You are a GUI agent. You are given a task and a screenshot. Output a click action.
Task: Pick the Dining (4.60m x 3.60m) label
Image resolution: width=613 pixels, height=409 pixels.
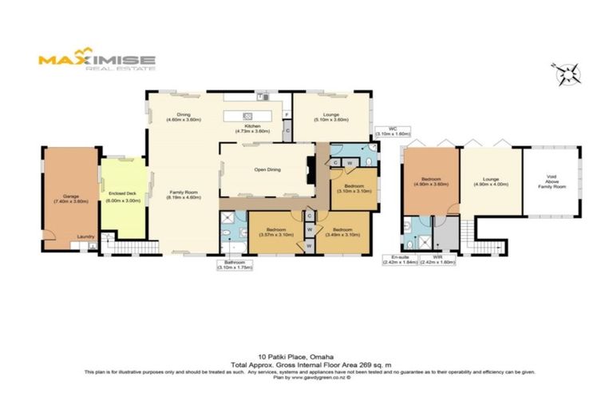pos(184,117)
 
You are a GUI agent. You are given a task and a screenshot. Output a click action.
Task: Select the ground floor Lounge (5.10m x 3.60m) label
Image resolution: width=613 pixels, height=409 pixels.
pos(332,117)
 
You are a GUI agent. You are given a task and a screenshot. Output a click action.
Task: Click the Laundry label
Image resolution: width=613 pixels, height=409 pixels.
pos(85,236)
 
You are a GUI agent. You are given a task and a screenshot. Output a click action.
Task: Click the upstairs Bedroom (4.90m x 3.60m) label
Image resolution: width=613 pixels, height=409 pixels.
pos(431,182)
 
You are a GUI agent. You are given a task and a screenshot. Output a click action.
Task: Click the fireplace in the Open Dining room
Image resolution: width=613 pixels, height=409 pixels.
pos(310,169)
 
